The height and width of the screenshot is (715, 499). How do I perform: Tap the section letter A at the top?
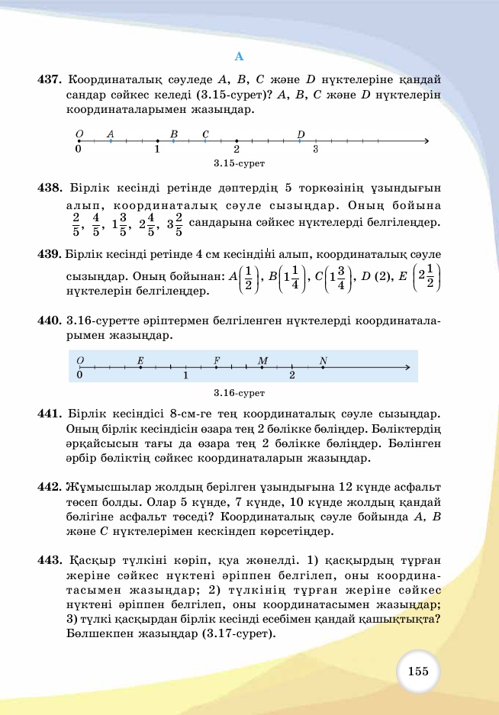click(239, 56)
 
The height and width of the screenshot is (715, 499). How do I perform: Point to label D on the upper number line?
click(301, 134)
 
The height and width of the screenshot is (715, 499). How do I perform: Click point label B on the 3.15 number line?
click(174, 134)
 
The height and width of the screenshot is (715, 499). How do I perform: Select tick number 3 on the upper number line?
click(315, 150)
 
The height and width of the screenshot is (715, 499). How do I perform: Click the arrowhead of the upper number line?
click(426, 141)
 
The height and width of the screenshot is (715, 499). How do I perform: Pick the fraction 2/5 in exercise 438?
click(76, 224)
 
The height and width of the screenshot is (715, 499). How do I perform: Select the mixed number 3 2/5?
click(174, 224)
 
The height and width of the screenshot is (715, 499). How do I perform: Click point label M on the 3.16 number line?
click(262, 360)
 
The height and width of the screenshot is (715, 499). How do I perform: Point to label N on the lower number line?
click(324, 360)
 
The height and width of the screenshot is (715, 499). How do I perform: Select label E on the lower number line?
click(140, 360)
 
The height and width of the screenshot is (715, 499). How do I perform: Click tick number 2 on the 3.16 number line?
click(292, 375)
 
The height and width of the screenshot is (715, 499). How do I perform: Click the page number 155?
click(417, 672)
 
